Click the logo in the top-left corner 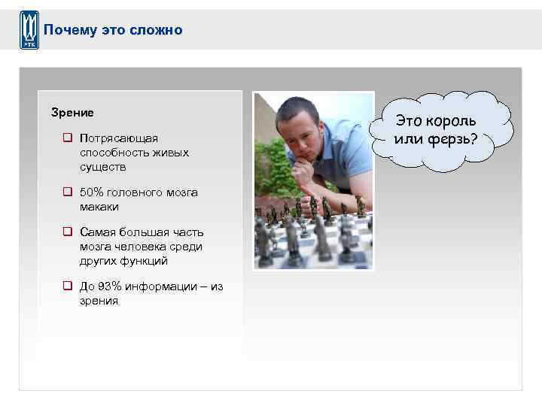pos(29,31)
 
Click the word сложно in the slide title pos(159,30)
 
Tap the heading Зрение pos(72,113)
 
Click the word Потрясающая pos(119,139)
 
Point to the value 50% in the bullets pos(93,192)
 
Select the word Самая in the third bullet pos(97,232)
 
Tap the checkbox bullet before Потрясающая pos(68,139)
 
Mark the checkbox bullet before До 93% pos(68,286)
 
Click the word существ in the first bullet pos(103,166)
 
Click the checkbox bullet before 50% pos(68,192)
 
